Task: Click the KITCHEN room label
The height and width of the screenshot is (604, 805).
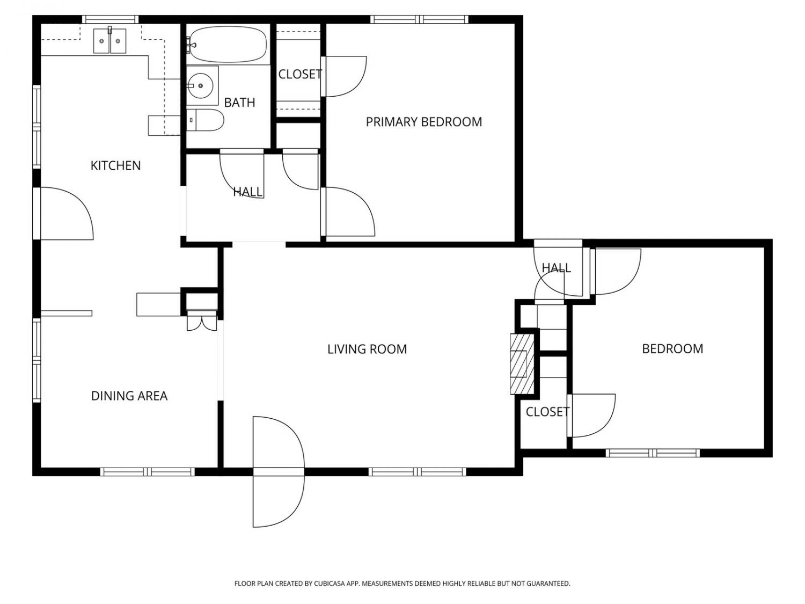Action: click(x=115, y=166)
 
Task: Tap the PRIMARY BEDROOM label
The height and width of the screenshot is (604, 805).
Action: click(x=423, y=122)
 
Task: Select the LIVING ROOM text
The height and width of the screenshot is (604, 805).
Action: click(x=367, y=349)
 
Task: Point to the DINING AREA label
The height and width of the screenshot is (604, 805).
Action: click(x=129, y=396)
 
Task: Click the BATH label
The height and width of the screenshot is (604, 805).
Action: click(x=239, y=103)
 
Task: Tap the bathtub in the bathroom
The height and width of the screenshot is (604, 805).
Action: click(x=228, y=45)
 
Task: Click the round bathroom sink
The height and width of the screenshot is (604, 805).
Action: click(x=200, y=86)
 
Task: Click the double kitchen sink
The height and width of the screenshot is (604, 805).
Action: click(x=109, y=41)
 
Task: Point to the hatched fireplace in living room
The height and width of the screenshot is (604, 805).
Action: click(x=522, y=364)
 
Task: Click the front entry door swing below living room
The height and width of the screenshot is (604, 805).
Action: click(x=279, y=472)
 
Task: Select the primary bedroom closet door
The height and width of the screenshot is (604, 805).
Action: click(x=343, y=76)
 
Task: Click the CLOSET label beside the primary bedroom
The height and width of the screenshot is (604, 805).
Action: click(x=300, y=74)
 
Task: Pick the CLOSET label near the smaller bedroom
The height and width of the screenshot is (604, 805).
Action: click(x=547, y=412)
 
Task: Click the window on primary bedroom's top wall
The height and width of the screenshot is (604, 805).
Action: click(x=419, y=19)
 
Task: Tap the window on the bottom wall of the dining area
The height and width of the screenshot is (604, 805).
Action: click(x=148, y=472)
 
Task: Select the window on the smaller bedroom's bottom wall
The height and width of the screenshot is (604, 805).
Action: click(x=653, y=453)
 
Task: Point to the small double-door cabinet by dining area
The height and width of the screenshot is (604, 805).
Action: click(x=202, y=321)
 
